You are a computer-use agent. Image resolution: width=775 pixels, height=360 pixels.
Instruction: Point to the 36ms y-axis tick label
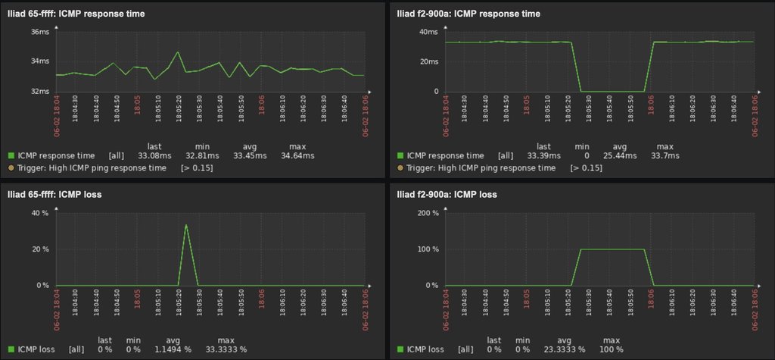tap(40, 32)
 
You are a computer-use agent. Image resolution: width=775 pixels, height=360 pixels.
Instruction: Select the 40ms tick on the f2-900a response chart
tap(428, 32)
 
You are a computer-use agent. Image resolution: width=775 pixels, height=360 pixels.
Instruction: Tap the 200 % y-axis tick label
tap(428, 213)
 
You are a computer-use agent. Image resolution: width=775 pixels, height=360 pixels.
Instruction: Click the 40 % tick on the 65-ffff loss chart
tap(39, 213)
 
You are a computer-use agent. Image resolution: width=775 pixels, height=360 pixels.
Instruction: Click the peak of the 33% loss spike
tap(186, 225)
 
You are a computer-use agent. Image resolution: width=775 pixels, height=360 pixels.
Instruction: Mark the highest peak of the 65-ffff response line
tap(178, 52)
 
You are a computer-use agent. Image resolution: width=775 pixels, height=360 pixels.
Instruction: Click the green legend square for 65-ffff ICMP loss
tap(11, 349)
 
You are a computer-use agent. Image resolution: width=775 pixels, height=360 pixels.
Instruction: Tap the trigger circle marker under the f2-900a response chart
tap(400, 167)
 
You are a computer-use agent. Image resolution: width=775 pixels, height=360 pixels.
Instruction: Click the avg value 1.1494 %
tap(174, 349)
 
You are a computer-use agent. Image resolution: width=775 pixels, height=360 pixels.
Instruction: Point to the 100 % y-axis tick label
tap(428, 249)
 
